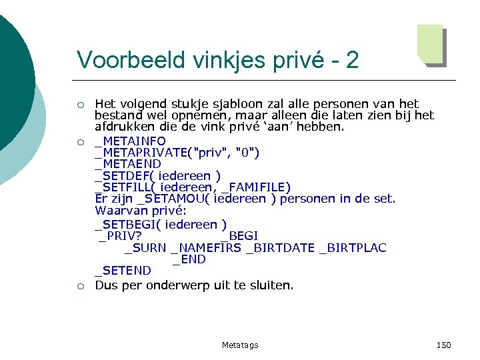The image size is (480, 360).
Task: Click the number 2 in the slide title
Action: [x=352, y=61]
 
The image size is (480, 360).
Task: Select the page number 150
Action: [x=443, y=345]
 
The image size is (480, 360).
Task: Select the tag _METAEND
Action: [x=128, y=164]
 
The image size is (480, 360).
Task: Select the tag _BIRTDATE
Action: [x=280, y=248]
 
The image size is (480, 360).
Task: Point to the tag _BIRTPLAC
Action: [x=353, y=248]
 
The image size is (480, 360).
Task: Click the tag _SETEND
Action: [x=123, y=271]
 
